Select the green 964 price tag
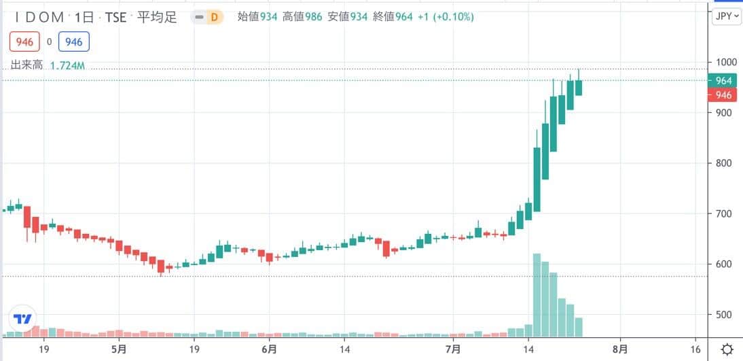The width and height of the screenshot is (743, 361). (723, 81)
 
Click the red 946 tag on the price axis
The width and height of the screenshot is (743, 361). (723, 95)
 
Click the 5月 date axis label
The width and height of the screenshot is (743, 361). (118, 349)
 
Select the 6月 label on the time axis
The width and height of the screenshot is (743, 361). (269, 349)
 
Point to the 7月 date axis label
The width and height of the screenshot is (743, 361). (453, 349)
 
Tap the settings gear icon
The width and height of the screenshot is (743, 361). (727, 349)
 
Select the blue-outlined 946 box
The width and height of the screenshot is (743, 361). (74, 42)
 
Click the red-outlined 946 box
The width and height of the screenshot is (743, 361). (24, 42)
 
